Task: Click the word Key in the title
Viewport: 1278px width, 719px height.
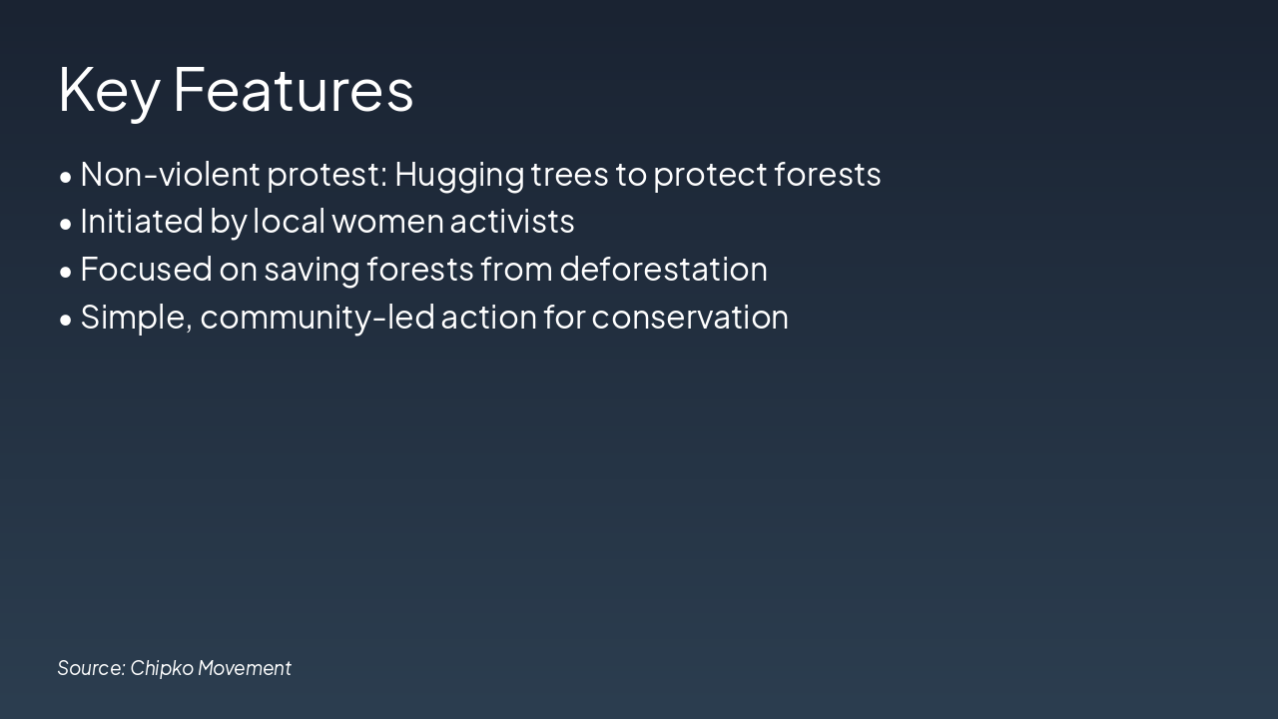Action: click(109, 90)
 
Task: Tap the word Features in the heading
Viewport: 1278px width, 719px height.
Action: click(294, 90)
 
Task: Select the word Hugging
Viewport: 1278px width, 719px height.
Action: click(459, 175)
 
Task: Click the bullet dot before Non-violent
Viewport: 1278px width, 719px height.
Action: click(66, 177)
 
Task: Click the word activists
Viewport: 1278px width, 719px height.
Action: click(512, 222)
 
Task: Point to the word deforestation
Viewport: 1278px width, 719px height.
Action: click(663, 270)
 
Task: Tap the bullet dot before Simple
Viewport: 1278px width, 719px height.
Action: click(66, 320)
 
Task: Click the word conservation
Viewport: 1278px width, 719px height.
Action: click(690, 318)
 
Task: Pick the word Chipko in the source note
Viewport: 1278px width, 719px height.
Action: click(161, 668)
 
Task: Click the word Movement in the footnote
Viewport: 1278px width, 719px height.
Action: click(245, 668)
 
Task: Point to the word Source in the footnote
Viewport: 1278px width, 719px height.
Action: click(91, 668)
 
